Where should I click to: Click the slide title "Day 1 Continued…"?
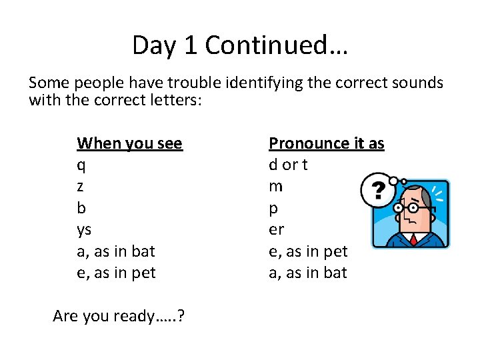point(240,45)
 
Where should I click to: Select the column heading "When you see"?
point(129,143)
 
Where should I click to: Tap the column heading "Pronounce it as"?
point(326,143)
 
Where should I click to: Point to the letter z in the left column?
point(81,187)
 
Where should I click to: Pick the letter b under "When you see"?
point(81,208)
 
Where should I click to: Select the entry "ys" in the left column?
point(84,230)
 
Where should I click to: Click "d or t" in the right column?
point(288,165)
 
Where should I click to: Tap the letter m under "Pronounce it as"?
point(275,187)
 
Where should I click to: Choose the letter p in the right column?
point(273,209)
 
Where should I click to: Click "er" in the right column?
point(276,230)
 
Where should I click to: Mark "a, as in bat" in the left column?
point(116,251)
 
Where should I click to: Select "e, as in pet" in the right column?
point(308,251)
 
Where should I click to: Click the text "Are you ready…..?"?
point(119,315)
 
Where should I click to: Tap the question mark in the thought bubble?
point(378,192)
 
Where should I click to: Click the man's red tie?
point(414,239)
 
